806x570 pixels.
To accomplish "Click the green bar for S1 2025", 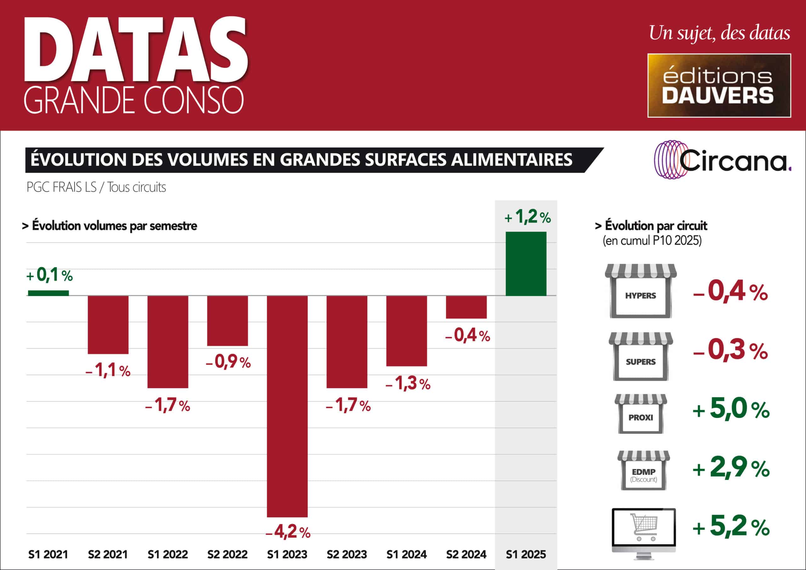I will pyautogui.click(x=526, y=264).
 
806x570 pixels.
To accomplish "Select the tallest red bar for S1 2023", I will pyautogui.click(x=287, y=406).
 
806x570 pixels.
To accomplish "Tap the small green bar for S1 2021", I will pyautogui.click(x=48, y=293).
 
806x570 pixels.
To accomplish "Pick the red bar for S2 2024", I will pyautogui.click(x=466, y=307).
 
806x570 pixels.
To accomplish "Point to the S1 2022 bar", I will pyautogui.click(x=168, y=342).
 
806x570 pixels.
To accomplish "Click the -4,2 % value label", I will pyautogui.click(x=288, y=532).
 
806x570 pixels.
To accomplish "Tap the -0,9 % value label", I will pyautogui.click(x=228, y=362).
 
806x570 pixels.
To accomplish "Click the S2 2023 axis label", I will pyautogui.click(x=347, y=555).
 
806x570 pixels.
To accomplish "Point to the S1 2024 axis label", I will pyautogui.click(x=406, y=555).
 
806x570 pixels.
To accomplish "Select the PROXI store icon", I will pyautogui.click(x=641, y=414).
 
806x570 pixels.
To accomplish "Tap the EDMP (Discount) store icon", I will pyautogui.click(x=644, y=470).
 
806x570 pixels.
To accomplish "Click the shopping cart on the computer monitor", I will pyautogui.click(x=644, y=527).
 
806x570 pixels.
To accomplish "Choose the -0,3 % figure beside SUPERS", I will pyautogui.click(x=730, y=350).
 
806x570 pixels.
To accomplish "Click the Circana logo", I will pyautogui.click(x=723, y=160).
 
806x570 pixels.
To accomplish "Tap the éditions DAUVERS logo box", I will pyautogui.click(x=719, y=85).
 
